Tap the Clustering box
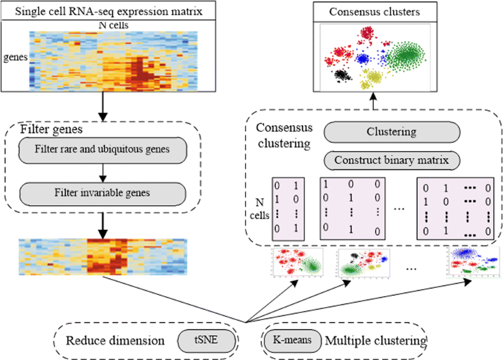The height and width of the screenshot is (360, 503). [392, 132]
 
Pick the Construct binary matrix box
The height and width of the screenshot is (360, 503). [392, 160]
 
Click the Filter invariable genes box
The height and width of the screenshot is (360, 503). [102, 193]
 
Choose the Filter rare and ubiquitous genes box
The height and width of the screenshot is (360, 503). [102, 149]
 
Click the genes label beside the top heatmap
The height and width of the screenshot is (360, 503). [15, 58]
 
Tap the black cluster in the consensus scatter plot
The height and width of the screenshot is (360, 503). [343, 76]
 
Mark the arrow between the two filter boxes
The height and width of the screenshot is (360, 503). [102, 171]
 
